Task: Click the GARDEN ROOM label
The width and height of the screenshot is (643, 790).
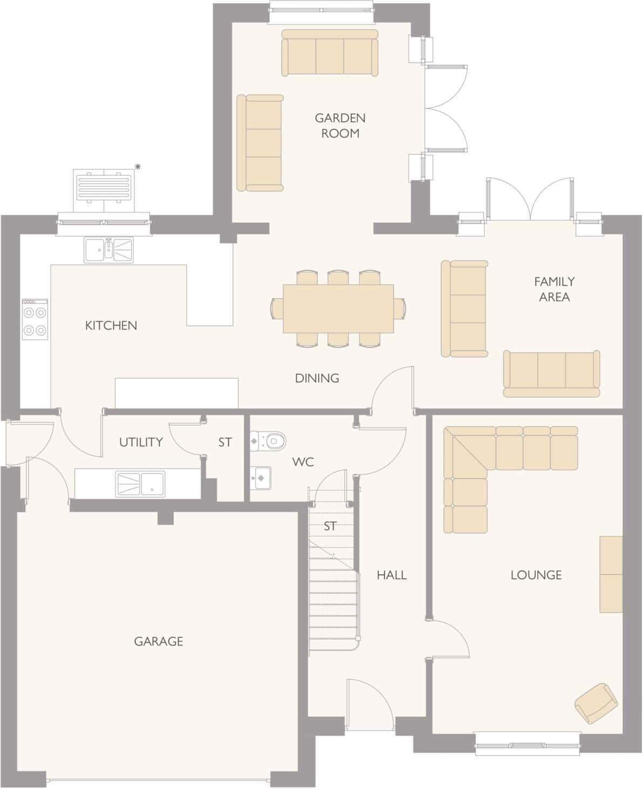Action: coord(340,125)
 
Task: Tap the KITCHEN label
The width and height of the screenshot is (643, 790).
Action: coord(111,325)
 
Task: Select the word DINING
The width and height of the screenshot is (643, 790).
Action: coord(317,378)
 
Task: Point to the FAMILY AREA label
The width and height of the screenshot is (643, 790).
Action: coord(554,288)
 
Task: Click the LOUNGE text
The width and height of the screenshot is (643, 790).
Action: coord(536,575)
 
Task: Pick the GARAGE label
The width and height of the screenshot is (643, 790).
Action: coord(159,641)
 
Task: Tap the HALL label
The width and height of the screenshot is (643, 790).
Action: coord(392,575)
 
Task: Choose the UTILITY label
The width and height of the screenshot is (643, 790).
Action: coord(141,442)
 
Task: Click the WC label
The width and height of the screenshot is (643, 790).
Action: coord(303,462)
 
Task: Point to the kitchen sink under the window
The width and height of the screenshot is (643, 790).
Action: coord(111,250)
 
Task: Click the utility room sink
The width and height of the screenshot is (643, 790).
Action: coord(140,483)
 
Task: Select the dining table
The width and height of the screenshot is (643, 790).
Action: coord(338,308)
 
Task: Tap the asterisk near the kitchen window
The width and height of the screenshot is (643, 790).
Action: coord(138,167)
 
